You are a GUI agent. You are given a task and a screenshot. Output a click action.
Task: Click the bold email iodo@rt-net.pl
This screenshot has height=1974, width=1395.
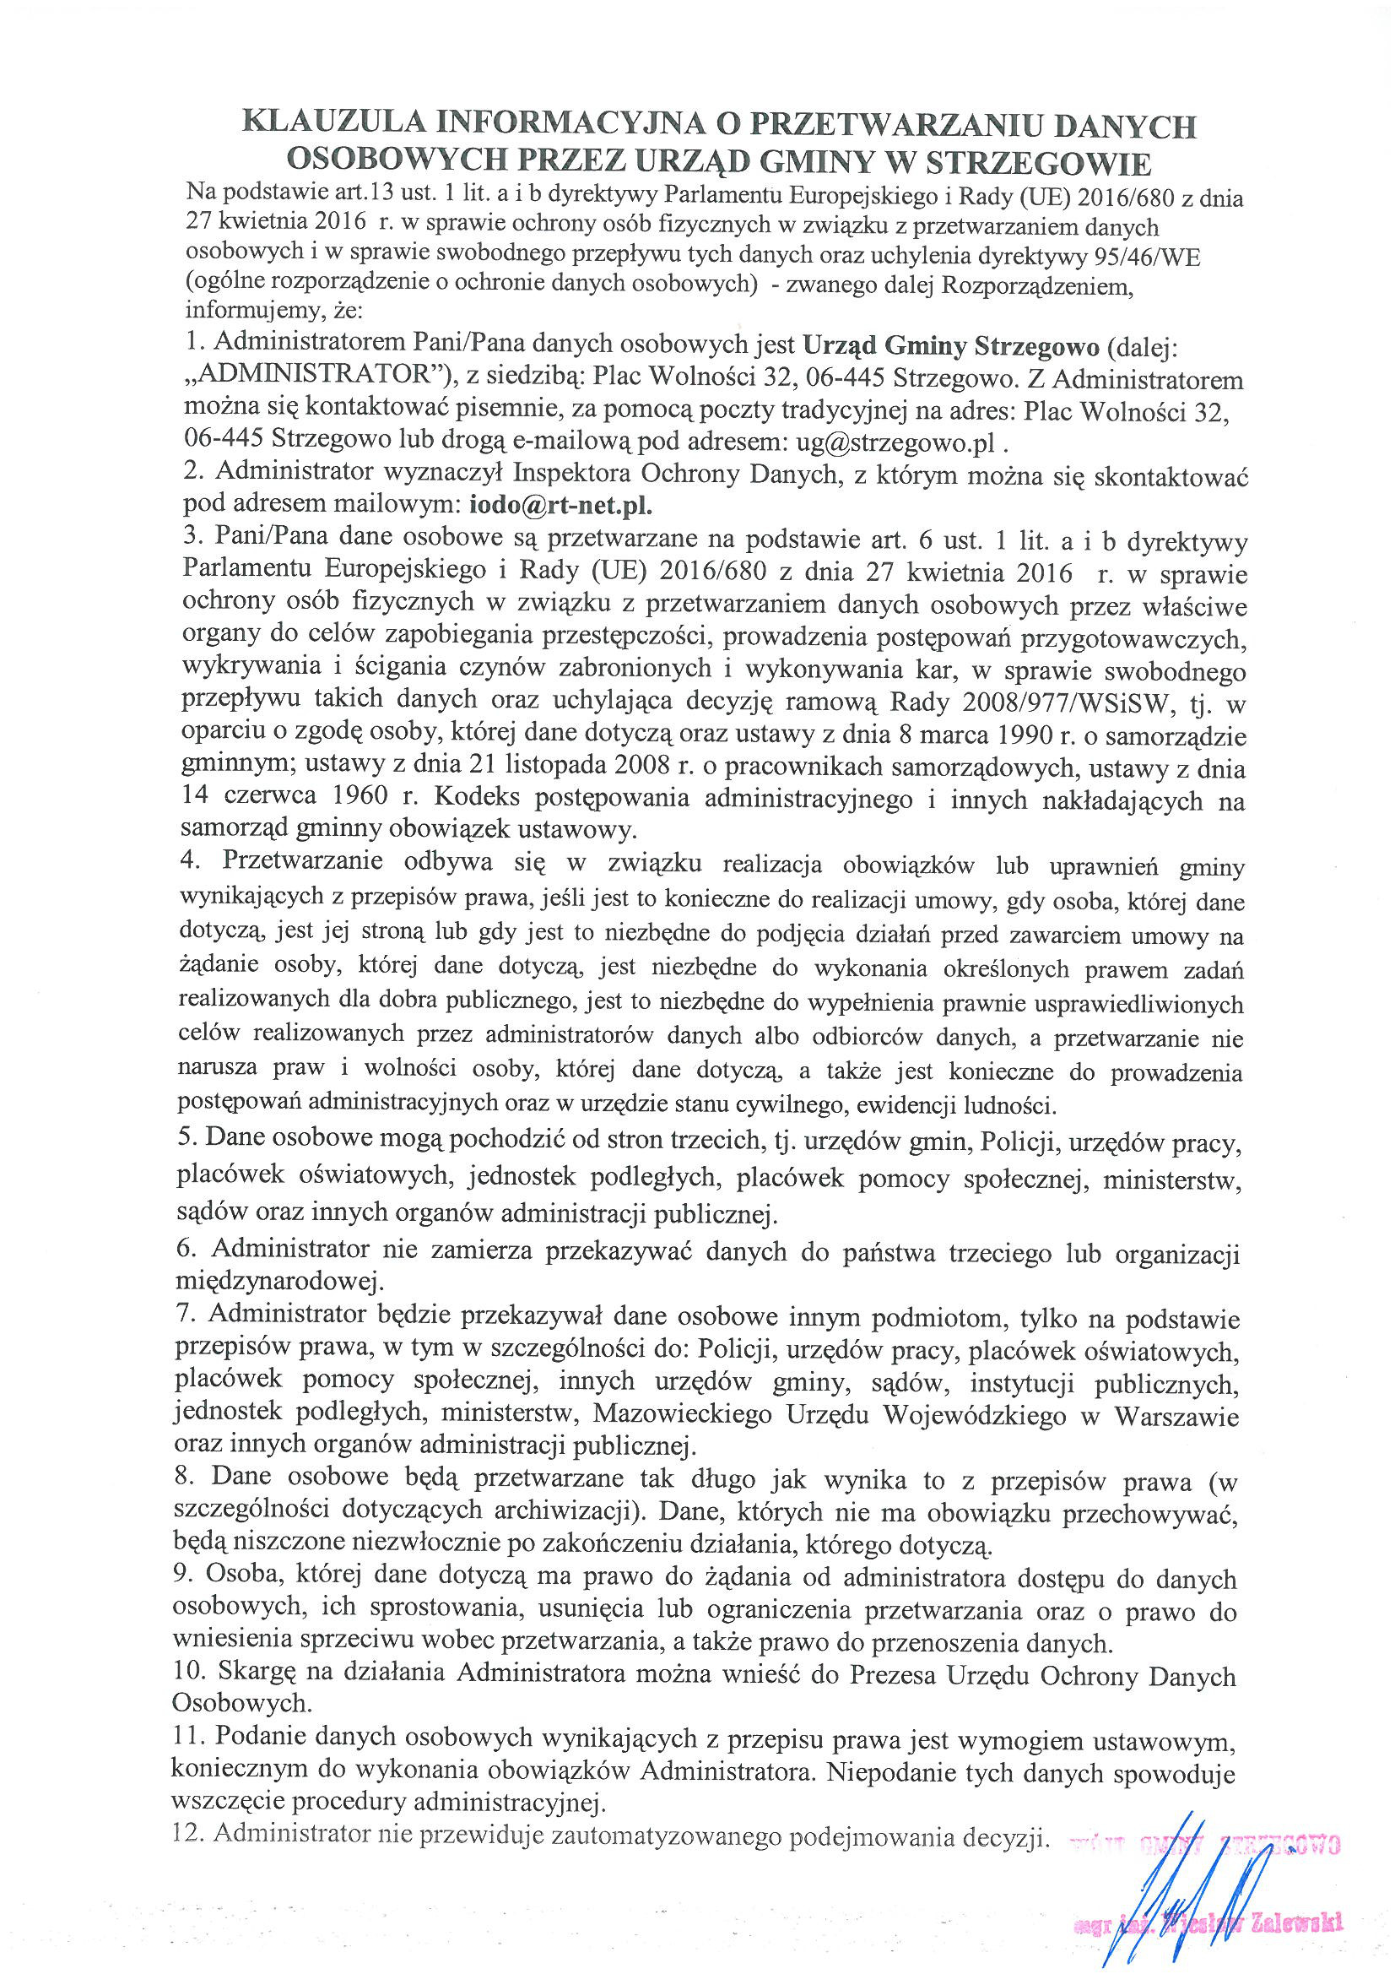(560, 504)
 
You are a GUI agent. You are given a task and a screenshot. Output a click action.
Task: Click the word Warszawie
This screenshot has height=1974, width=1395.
(1176, 1416)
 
